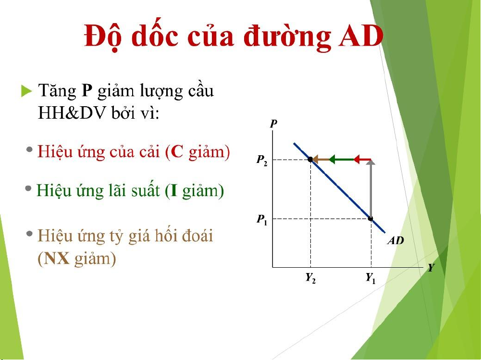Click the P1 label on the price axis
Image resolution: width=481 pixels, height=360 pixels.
(262, 220)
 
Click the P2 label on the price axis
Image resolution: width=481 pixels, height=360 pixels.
(262, 160)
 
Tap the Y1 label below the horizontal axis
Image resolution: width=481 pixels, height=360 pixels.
(370, 278)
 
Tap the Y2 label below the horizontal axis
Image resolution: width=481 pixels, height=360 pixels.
(310, 278)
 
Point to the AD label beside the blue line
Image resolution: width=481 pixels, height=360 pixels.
(396, 240)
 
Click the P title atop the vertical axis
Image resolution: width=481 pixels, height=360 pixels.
(273, 124)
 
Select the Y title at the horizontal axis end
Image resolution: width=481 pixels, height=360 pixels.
(431, 268)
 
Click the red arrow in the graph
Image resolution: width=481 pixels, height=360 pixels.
(362, 160)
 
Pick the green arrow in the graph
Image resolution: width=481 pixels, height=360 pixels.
(341, 160)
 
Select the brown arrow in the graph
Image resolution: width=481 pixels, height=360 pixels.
(320, 160)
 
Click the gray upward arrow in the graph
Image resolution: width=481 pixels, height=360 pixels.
(371, 188)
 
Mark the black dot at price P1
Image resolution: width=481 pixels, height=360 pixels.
(370, 219)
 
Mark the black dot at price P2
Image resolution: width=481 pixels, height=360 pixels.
(310, 159)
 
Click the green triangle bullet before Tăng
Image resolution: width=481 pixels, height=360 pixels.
(27, 91)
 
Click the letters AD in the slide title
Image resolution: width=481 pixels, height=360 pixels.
(361, 36)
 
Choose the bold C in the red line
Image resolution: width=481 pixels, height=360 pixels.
(177, 152)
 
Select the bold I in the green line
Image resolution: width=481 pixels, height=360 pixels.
(174, 191)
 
